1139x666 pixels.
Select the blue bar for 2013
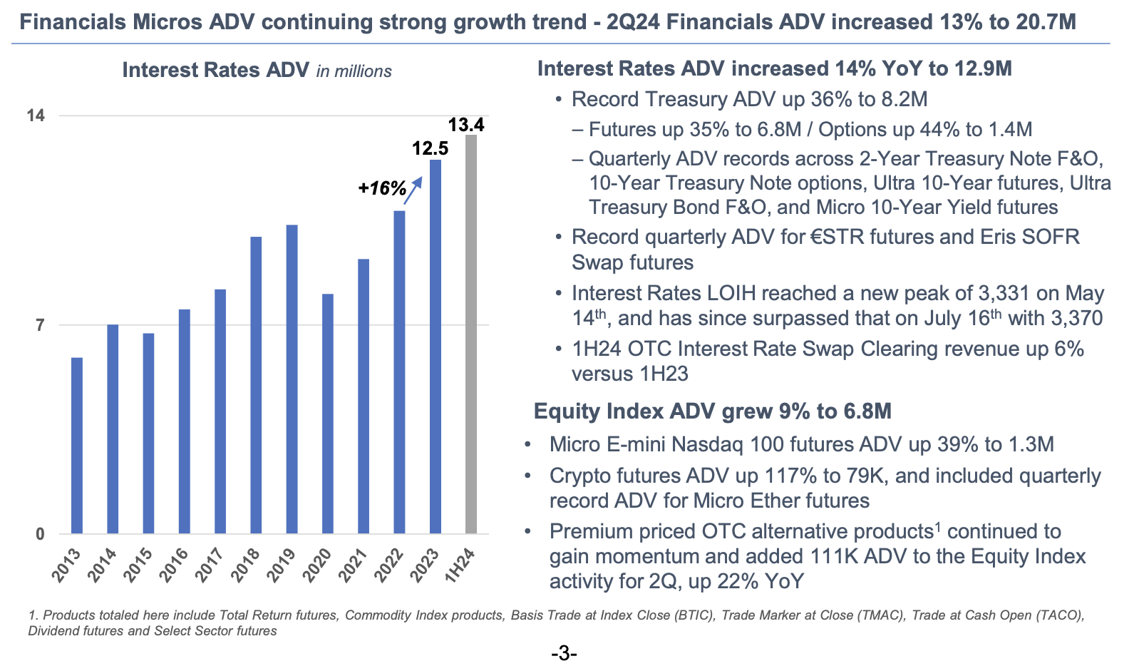[77, 446]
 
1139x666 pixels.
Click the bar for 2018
[256, 385]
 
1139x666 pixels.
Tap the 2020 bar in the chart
[327, 414]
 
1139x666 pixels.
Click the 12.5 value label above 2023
[431, 148]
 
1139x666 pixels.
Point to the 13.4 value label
[466, 125]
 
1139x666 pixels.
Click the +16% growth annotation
[382, 188]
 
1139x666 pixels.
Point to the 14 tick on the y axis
[36, 116]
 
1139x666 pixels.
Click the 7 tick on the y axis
[40, 325]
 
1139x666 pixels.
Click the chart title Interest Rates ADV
[215, 70]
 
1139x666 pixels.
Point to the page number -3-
[563, 653]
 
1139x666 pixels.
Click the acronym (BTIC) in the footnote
[696, 615]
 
